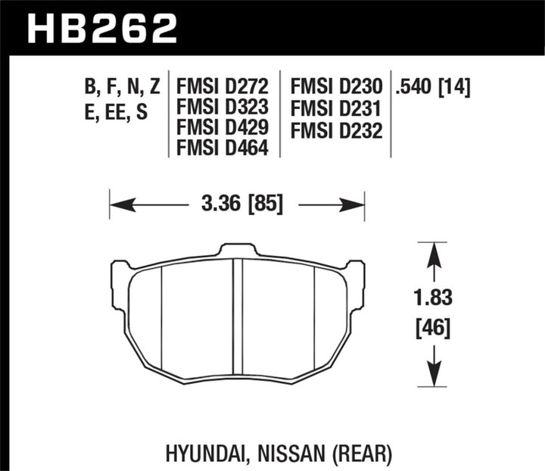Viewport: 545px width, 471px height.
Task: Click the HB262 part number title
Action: (x=102, y=28)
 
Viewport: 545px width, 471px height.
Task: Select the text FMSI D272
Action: (x=222, y=89)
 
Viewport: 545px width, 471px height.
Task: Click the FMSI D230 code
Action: (x=335, y=89)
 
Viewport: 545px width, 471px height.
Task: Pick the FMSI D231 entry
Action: (x=335, y=109)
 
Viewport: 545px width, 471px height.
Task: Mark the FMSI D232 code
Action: (x=335, y=129)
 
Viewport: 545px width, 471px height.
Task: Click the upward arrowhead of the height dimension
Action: (x=433, y=251)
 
